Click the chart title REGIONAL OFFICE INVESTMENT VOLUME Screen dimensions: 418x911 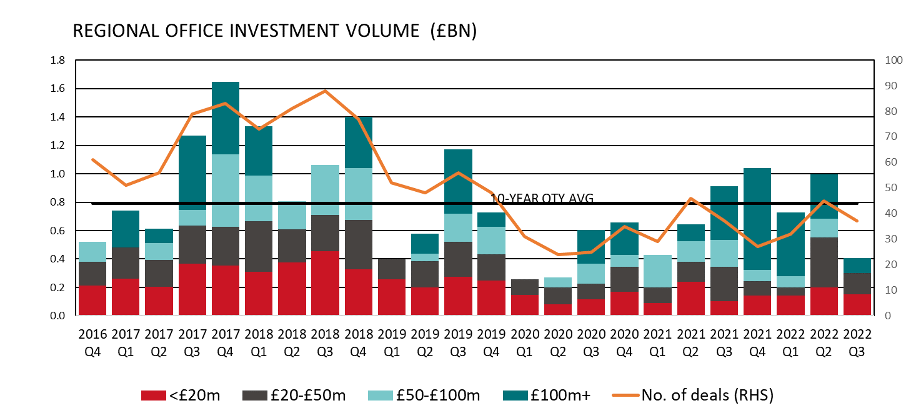click(x=275, y=32)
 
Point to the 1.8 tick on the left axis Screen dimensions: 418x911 click(x=57, y=61)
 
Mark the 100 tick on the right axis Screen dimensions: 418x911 click(x=894, y=61)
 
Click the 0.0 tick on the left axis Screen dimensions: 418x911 click(x=57, y=316)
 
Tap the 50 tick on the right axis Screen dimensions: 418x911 click(x=892, y=188)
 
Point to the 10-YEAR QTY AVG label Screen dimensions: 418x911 click(x=541, y=198)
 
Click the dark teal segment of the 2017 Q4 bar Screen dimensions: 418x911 click(x=226, y=117)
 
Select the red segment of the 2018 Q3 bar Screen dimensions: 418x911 click(x=326, y=283)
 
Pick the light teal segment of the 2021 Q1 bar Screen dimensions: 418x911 click(x=658, y=271)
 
